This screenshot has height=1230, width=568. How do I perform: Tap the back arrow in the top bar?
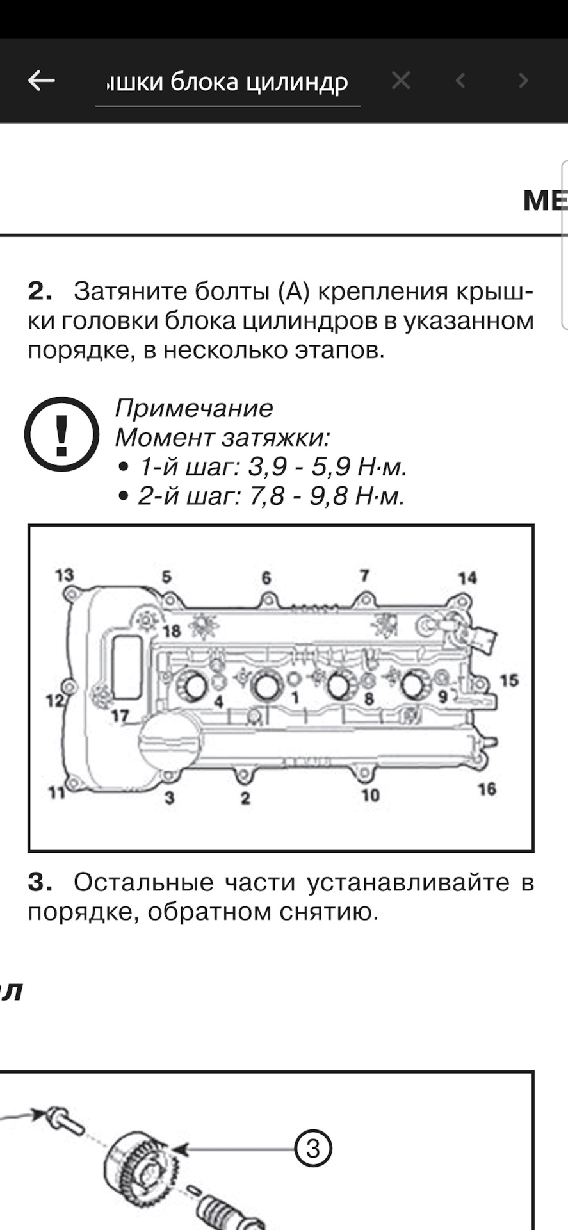click(42, 81)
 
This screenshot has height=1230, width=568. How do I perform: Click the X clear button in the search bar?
click(401, 81)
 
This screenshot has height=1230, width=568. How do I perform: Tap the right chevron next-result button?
click(523, 81)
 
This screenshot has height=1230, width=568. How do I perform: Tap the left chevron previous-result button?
click(460, 81)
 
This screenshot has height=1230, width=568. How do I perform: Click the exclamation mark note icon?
click(61, 434)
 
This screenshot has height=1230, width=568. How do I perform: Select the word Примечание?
click(193, 408)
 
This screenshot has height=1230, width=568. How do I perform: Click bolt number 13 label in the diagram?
click(64, 575)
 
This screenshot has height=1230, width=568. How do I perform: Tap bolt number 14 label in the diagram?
click(467, 578)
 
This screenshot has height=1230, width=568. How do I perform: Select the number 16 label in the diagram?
click(487, 789)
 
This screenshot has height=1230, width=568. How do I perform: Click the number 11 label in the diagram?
click(57, 793)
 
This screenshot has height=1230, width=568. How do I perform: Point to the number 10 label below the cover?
click(370, 795)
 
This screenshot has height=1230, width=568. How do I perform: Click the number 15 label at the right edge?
click(509, 680)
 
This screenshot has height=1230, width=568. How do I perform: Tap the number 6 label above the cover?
click(266, 578)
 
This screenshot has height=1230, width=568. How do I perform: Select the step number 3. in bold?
click(40, 883)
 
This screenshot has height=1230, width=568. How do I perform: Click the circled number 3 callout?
click(312, 1148)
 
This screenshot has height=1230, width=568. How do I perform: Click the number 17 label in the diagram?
click(120, 716)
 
